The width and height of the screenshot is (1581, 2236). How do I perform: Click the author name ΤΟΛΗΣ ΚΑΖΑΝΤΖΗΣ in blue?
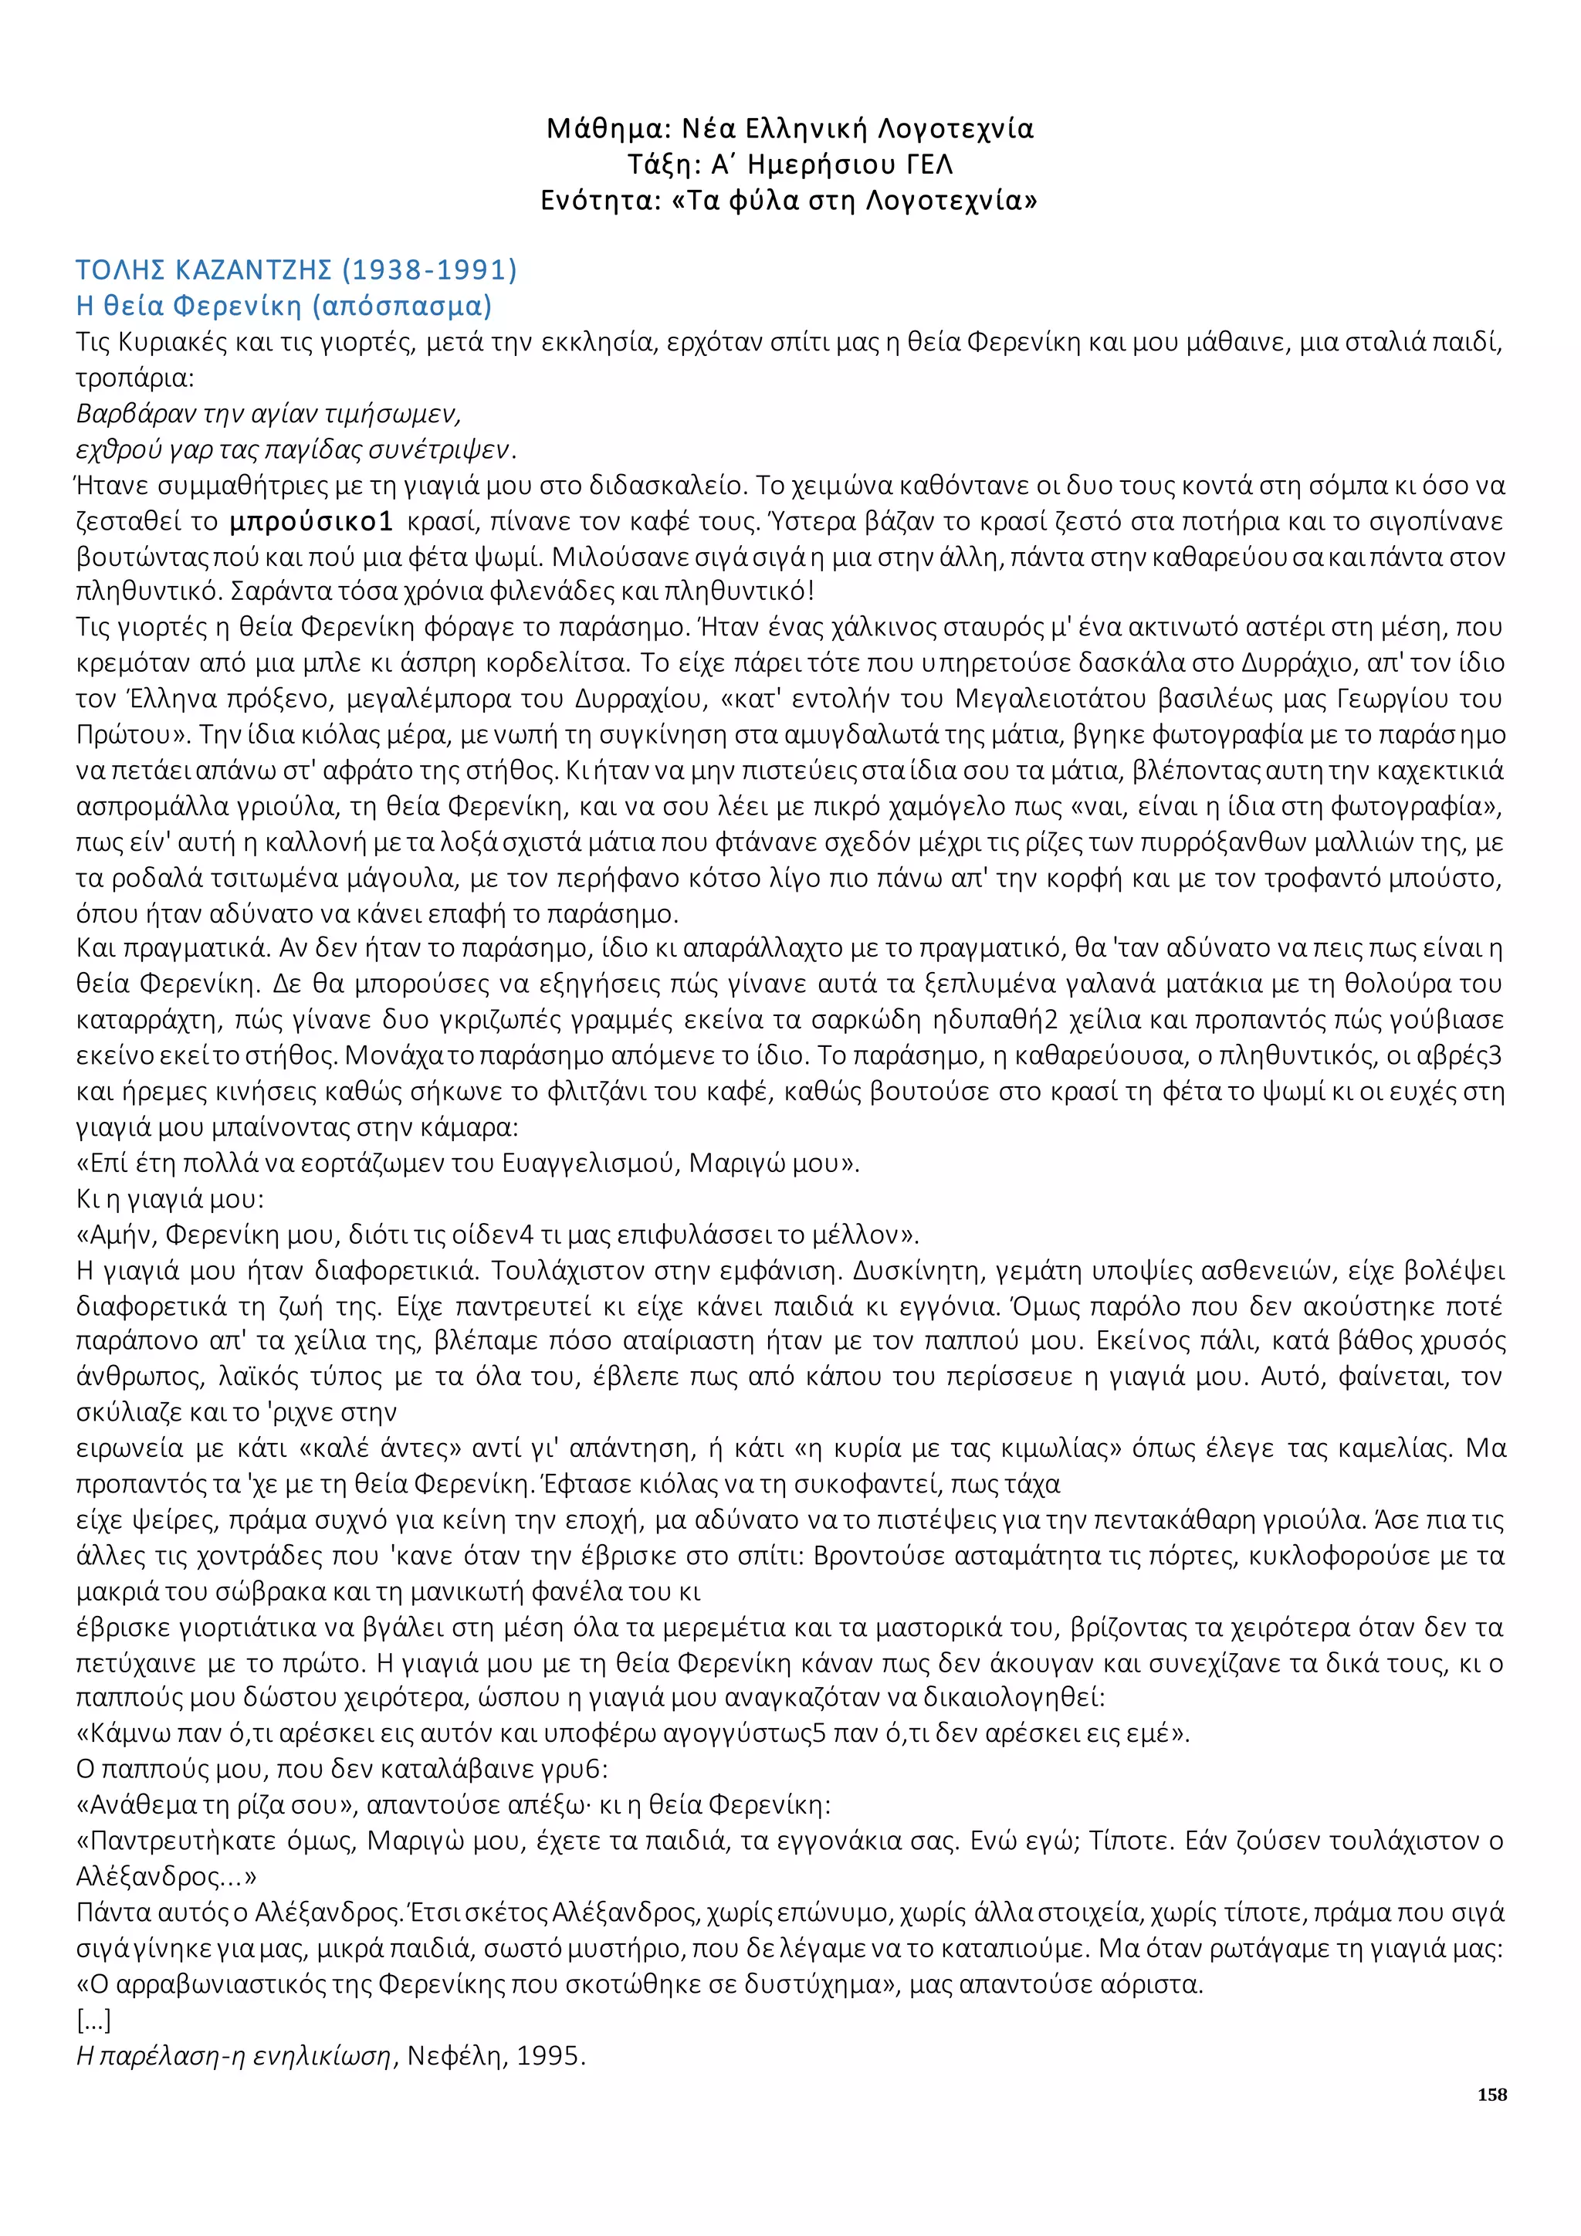(x=204, y=269)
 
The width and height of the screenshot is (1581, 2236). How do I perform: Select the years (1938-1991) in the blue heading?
(x=429, y=269)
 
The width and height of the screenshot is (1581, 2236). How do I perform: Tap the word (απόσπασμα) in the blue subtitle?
(x=402, y=306)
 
